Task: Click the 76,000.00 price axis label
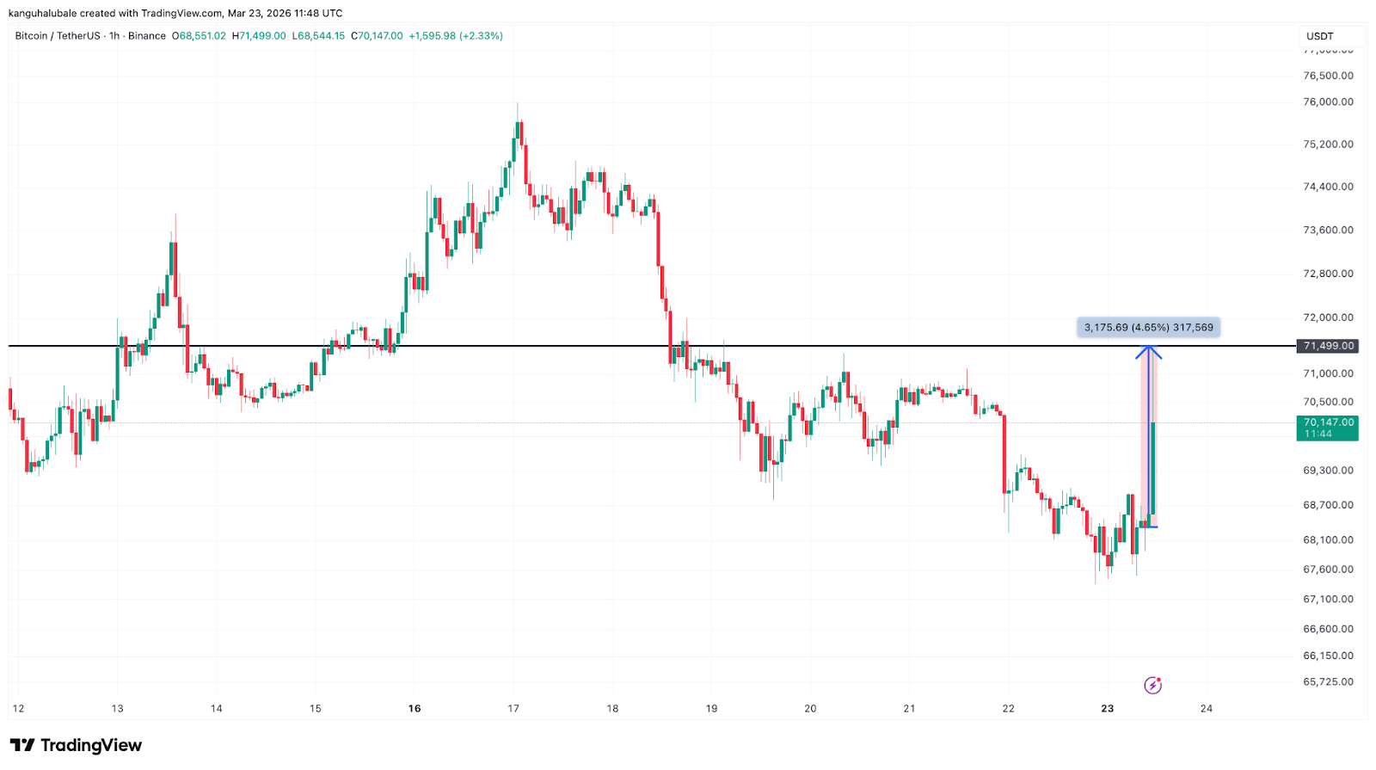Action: pos(1328,102)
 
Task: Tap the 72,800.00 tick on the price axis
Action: pos(1328,274)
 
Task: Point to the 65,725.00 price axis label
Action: pos(1328,681)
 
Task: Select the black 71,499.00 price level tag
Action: pos(1329,346)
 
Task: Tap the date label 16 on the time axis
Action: pos(415,709)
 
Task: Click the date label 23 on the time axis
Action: pos(1107,709)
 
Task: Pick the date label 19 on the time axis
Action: pos(711,709)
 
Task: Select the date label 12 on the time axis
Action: pos(18,709)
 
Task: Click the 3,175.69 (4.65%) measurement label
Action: pos(1148,328)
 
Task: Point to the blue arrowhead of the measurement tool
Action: pos(1149,350)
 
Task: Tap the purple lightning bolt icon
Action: pos(1152,685)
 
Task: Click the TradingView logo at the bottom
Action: pos(76,745)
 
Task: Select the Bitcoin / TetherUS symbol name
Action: pos(58,36)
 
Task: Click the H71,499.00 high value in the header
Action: pos(259,36)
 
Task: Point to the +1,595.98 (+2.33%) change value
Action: pos(456,36)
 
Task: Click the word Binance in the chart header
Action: pos(147,36)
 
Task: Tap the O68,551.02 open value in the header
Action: pos(199,36)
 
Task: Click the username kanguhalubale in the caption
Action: pos(42,13)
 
